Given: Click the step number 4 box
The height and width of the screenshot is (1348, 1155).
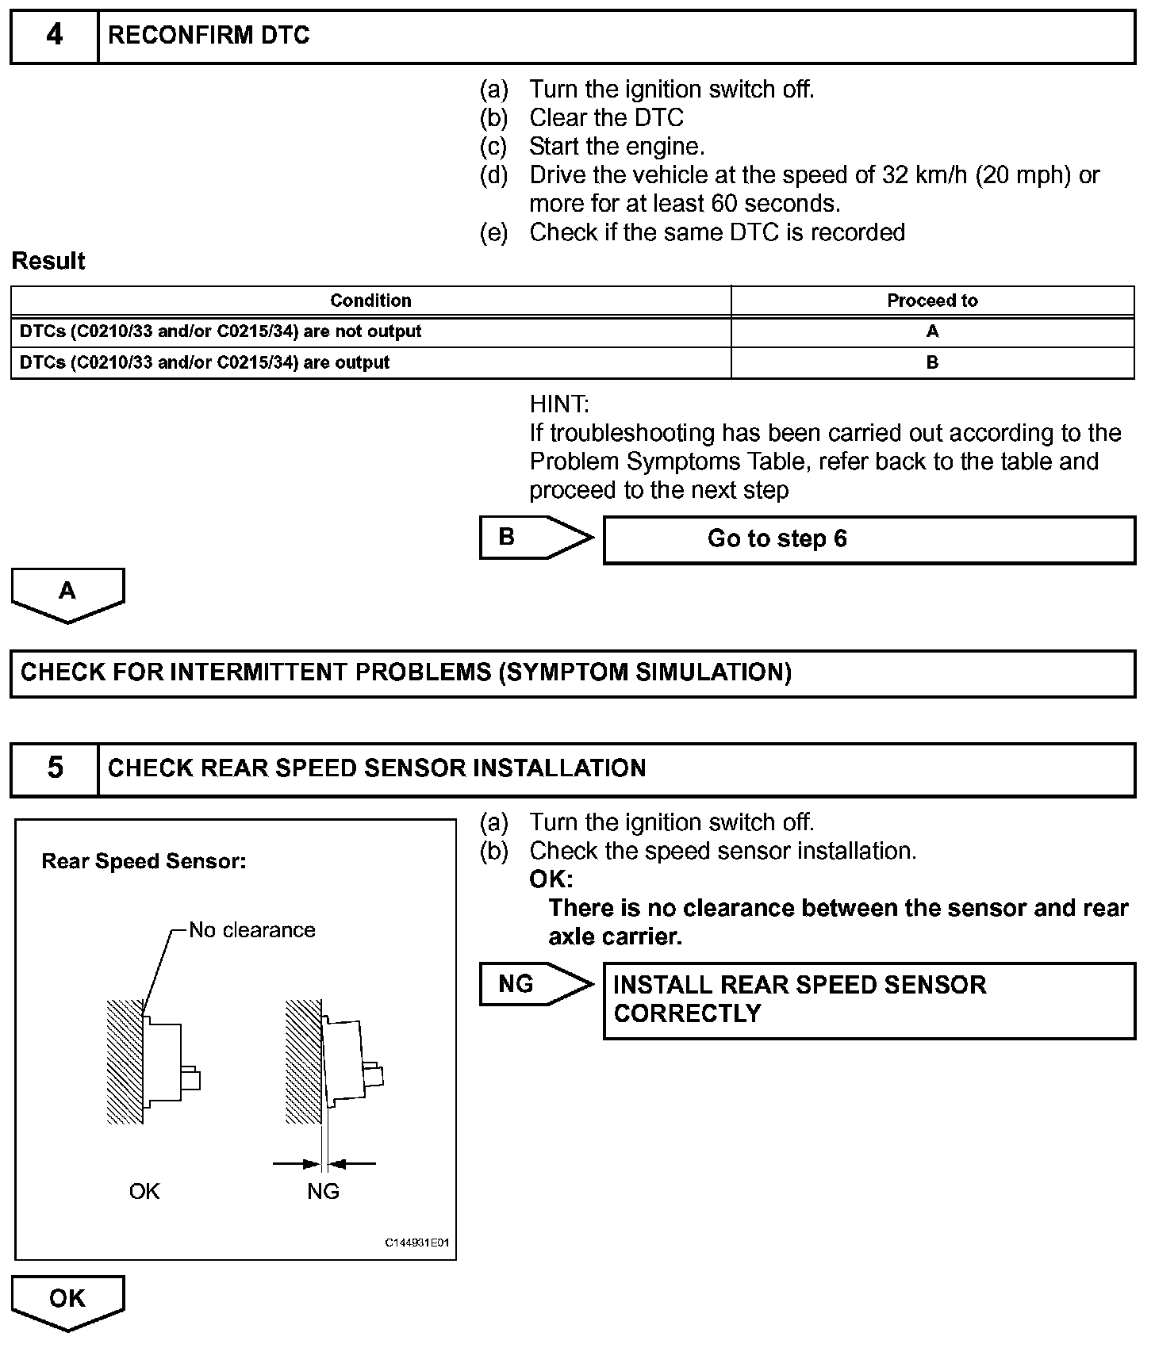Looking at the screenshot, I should pyautogui.click(x=54, y=36).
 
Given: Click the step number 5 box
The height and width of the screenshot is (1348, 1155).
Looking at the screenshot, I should pyautogui.click(x=54, y=768).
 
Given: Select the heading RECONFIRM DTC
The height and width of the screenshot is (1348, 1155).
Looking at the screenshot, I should pyautogui.click(x=209, y=36).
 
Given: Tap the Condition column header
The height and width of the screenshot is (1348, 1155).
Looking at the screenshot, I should pyautogui.click(x=370, y=301).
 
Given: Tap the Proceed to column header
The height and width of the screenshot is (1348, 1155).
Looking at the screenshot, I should pyautogui.click(x=932, y=301).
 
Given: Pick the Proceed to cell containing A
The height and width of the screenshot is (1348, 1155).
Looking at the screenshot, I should pyautogui.click(x=932, y=331).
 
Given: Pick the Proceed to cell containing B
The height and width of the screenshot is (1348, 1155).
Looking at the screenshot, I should pyautogui.click(x=932, y=362).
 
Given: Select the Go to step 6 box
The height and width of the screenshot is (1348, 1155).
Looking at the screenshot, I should pyautogui.click(x=869, y=539).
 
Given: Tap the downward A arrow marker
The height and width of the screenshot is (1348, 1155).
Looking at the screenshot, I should pyautogui.click(x=67, y=593).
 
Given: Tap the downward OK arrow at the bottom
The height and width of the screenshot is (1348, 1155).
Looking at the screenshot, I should pyautogui.click(x=67, y=1300).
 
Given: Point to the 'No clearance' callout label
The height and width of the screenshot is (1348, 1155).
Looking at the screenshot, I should pyautogui.click(x=251, y=929).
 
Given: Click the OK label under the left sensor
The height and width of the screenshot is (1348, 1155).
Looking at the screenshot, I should pyautogui.click(x=144, y=1191).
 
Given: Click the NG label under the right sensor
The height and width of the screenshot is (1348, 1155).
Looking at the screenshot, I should pyautogui.click(x=323, y=1191).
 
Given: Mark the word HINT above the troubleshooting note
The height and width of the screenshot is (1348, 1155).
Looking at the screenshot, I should pyautogui.click(x=559, y=404).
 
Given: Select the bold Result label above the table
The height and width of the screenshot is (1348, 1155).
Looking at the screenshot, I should pyautogui.click(x=48, y=261).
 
